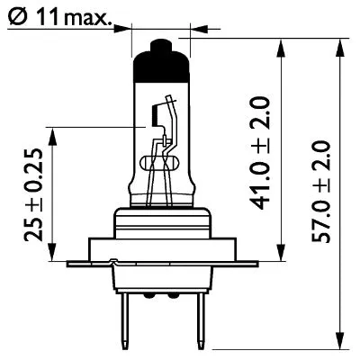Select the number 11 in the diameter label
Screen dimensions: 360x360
click(x=47, y=15)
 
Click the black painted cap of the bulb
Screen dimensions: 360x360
click(x=163, y=66)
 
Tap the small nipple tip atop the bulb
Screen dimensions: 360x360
click(x=163, y=46)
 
